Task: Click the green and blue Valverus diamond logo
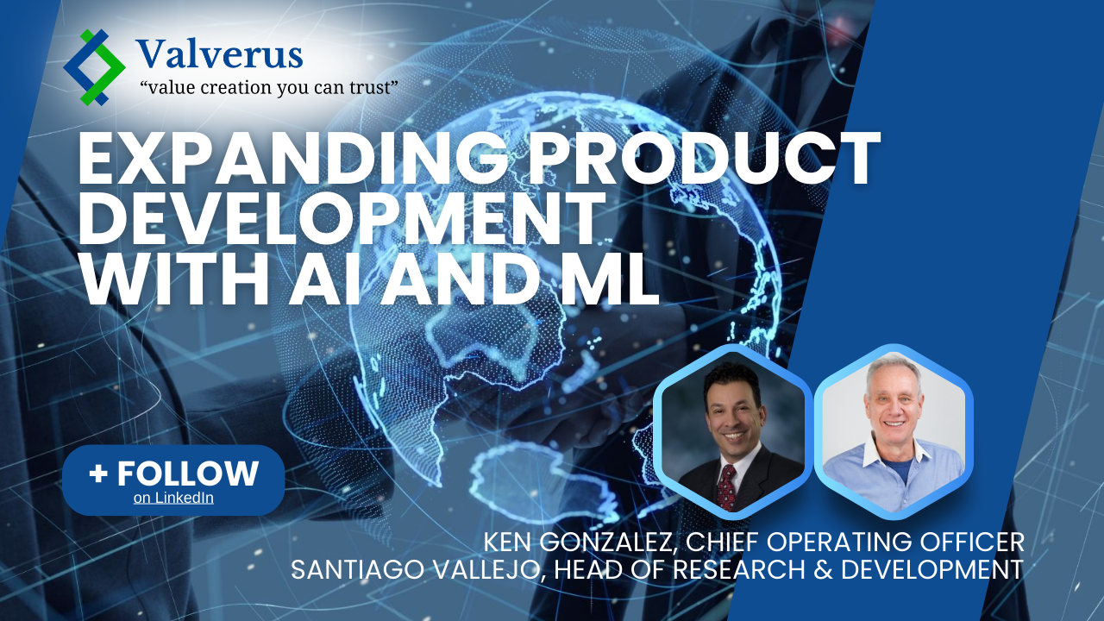[94, 67]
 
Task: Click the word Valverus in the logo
[219, 54]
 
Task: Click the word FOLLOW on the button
[187, 474]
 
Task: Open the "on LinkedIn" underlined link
[173, 498]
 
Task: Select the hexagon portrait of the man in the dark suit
[732, 432]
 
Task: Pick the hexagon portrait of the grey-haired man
[894, 432]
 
